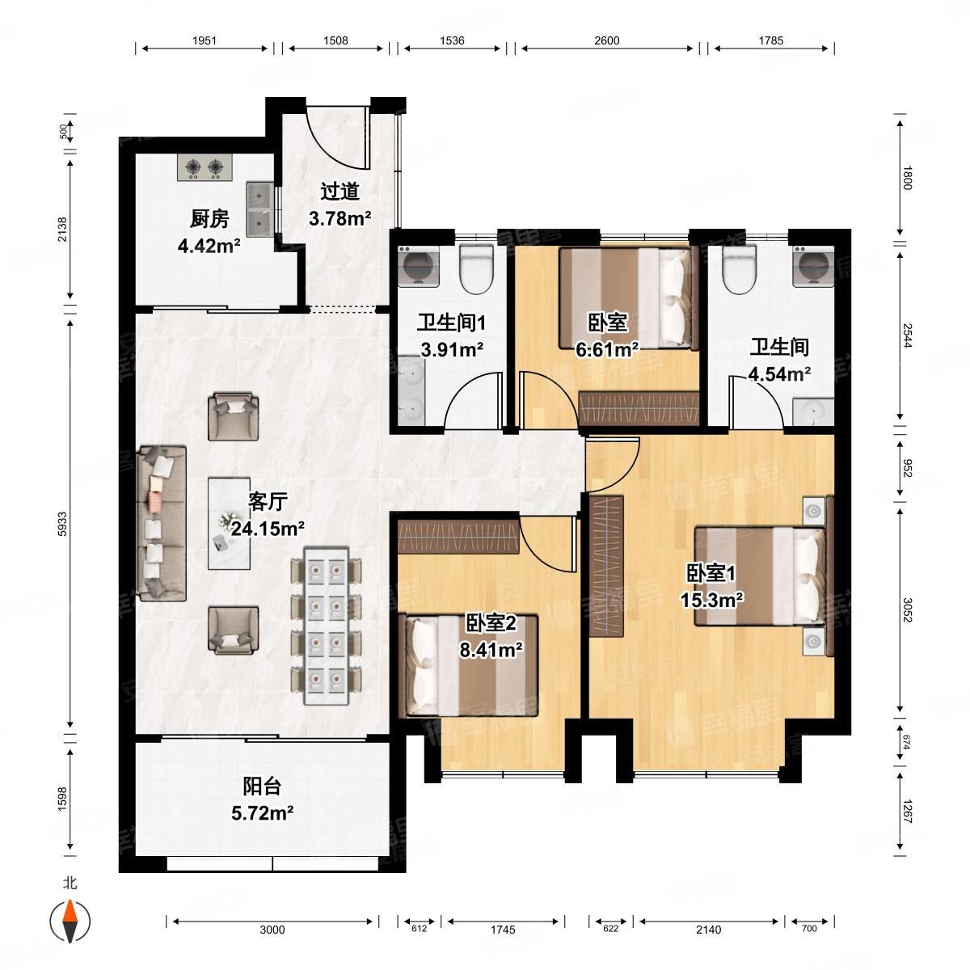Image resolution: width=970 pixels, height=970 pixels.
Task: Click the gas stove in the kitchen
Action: pos(205,167)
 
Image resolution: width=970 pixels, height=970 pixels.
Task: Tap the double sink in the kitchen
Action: pos(260,209)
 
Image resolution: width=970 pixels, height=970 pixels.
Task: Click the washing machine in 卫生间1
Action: pos(418,266)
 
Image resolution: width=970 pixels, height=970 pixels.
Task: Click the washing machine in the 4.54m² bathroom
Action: pos(813,266)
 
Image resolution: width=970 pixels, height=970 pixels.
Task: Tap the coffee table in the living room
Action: pos(230,524)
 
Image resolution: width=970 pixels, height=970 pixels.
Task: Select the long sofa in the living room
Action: pos(162,524)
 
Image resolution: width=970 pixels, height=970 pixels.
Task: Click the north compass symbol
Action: pos(70,921)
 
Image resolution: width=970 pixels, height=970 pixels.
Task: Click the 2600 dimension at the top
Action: pos(606,40)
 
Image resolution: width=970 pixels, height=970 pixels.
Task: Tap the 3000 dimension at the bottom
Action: pos(272,930)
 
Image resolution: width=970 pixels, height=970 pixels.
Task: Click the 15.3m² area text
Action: pos(712,600)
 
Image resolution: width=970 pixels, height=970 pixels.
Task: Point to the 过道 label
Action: pos(340,192)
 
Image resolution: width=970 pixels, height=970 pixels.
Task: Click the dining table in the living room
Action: pos(327,626)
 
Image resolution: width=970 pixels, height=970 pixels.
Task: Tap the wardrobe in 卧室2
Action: pos(458,537)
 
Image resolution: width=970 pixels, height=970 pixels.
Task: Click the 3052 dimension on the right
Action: pos(907,609)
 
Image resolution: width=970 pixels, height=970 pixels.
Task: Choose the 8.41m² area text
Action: pos(491,650)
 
